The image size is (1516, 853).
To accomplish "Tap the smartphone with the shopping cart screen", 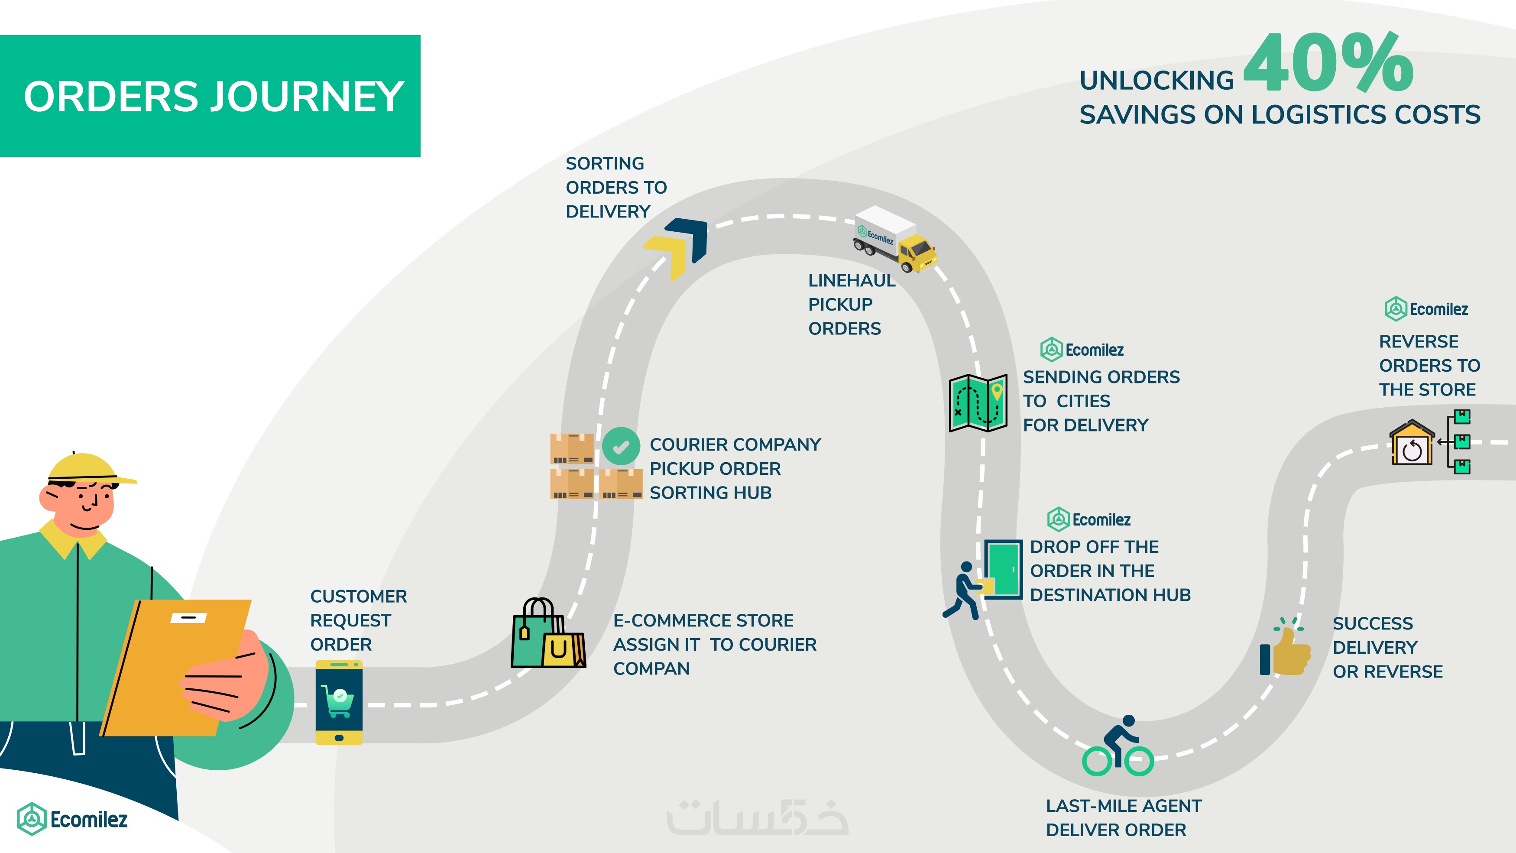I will [339, 702].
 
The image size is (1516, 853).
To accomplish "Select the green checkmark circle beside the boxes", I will [621, 446].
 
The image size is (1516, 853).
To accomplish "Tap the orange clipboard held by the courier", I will [177, 665].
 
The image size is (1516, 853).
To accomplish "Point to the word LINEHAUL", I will [852, 281].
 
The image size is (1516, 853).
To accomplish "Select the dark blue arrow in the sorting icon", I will [691, 236].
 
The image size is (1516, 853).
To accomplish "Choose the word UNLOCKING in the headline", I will [1156, 81].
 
